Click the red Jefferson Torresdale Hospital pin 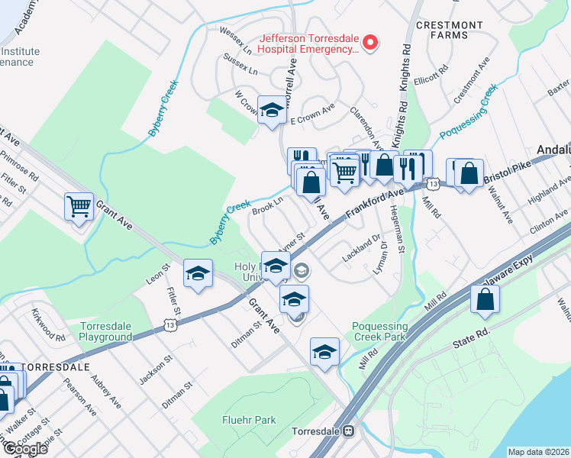tap(370, 42)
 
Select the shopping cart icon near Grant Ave tap(79, 207)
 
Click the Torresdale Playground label tap(105, 331)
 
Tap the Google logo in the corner tap(24, 448)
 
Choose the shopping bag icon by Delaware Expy tap(486, 302)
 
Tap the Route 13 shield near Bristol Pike tap(433, 183)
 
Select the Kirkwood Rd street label tap(49, 324)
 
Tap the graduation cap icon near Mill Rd tap(324, 352)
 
